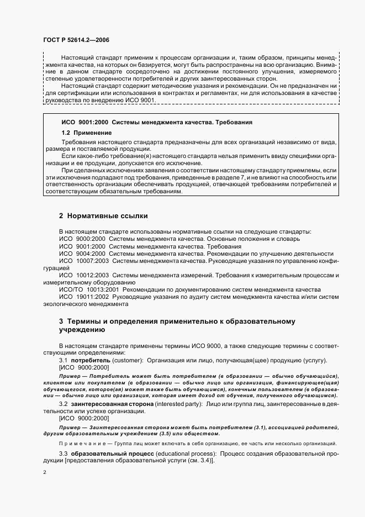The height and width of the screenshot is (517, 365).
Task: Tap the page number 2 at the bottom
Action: [x=45, y=472]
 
